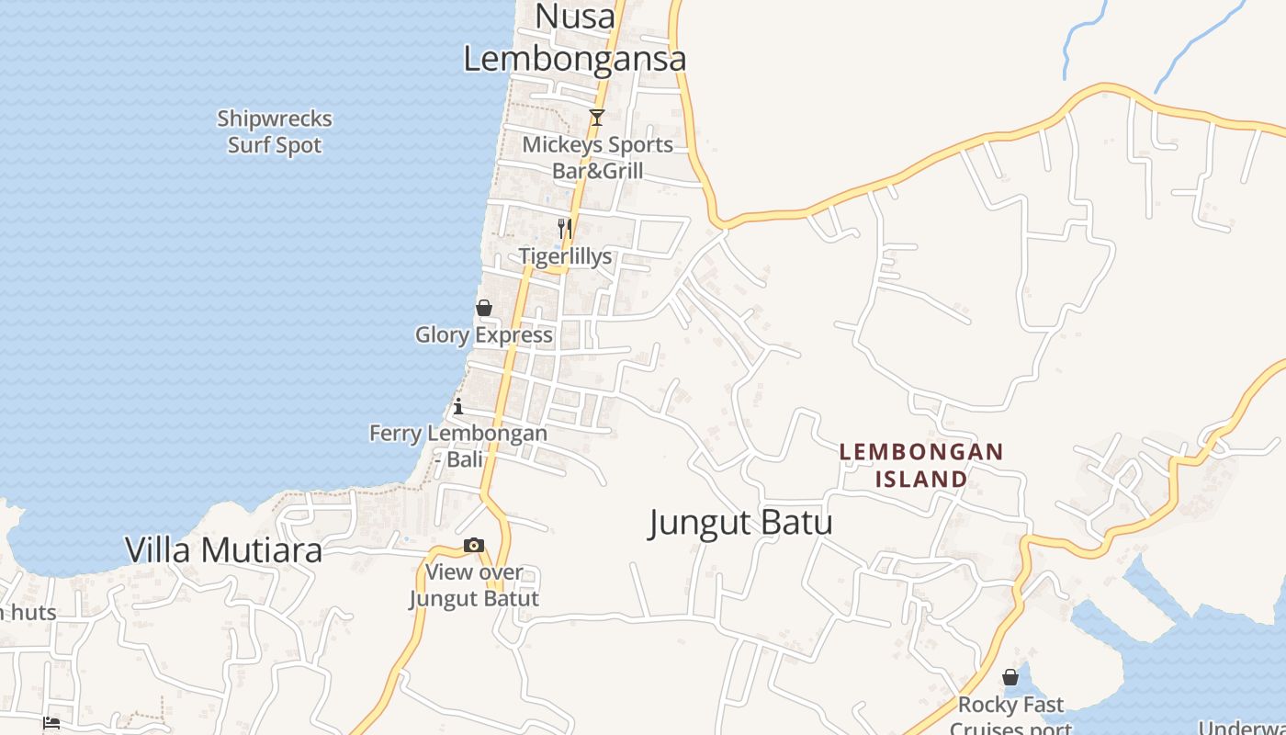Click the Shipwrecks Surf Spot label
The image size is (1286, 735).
(275, 131)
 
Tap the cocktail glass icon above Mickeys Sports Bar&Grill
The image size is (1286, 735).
(597, 118)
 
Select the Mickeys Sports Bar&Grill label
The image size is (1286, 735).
(597, 158)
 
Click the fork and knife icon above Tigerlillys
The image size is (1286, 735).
(565, 228)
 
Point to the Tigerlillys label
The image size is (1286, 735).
(565, 256)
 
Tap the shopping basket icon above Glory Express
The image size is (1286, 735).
(484, 308)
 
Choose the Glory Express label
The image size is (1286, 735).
(483, 334)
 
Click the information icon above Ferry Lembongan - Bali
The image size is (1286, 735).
(458, 406)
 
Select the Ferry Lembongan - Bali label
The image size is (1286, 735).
(458, 446)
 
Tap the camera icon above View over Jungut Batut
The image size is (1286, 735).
(474, 546)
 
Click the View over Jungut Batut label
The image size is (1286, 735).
(473, 585)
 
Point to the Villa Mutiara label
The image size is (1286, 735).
(223, 549)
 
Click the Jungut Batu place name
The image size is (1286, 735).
(740, 523)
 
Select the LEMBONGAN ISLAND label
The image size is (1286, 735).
(921, 465)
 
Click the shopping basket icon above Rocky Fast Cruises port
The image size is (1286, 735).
(1010, 677)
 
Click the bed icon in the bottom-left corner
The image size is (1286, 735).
(51, 723)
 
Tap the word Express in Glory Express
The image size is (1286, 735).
(514, 334)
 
